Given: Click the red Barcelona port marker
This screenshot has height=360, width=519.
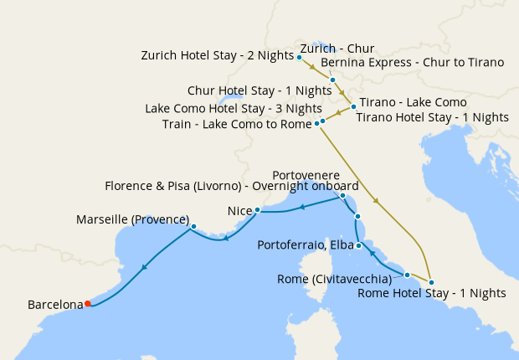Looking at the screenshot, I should (87, 305).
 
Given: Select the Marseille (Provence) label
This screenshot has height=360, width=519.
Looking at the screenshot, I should (132, 219).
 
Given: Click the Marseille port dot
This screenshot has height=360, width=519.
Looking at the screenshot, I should (193, 226).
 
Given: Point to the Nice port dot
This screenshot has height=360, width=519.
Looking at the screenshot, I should (257, 210).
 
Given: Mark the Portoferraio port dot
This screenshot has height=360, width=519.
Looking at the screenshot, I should (358, 245).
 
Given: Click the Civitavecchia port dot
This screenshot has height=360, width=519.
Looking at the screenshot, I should (407, 275).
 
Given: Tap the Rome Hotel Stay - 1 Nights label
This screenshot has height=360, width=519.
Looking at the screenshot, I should (432, 293).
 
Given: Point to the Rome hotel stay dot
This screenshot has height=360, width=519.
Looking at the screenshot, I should (431, 281).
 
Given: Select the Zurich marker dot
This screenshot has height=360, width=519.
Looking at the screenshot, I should (299, 57).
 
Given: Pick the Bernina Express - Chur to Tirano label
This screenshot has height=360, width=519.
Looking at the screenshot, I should (412, 62).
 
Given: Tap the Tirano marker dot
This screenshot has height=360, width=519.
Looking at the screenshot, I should (353, 106).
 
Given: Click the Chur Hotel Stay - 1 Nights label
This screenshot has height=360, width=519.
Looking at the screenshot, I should (259, 90).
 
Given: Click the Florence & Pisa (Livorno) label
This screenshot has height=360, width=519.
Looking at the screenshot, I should (232, 186).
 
